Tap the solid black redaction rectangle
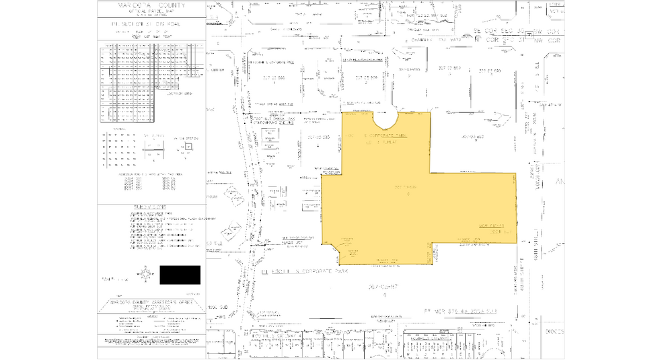point(180,275)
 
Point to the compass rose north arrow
point(144,274)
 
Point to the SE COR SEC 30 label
point(501,32)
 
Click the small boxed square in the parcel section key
point(188,146)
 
